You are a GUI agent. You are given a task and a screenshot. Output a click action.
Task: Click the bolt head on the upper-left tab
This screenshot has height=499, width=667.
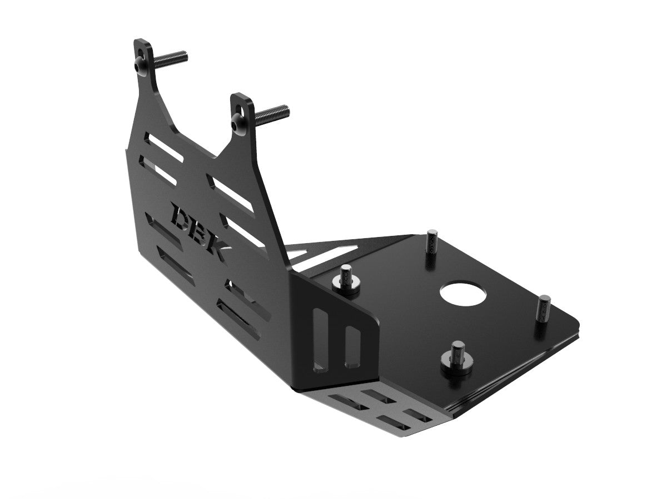[x=139, y=66]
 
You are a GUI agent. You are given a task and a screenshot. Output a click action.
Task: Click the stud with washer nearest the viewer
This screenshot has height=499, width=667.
[x=457, y=358]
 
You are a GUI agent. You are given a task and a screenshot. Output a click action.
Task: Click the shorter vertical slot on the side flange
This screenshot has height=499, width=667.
[x=351, y=347]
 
